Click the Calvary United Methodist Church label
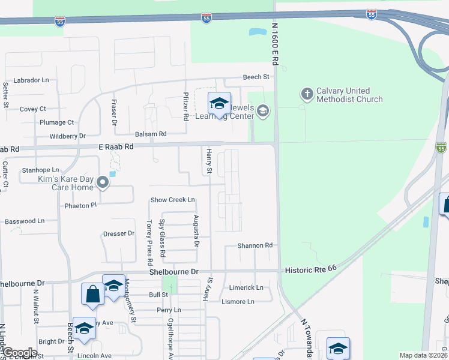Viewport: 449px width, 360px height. tap(349, 95)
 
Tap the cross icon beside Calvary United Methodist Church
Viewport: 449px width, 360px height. tap(307, 94)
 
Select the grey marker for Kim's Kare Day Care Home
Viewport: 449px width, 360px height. tap(103, 182)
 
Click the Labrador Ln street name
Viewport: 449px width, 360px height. tap(31, 80)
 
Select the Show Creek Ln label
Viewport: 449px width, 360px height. tap(173, 200)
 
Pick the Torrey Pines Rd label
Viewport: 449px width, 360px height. tap(149, 242)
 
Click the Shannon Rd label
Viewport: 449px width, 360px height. tap(255, 245)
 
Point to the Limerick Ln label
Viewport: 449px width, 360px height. tap(246, 288)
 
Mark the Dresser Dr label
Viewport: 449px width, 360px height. tap(119, 234)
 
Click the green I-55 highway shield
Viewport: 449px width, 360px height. tap(441, 148)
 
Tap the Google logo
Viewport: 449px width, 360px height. tap(19, 353)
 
